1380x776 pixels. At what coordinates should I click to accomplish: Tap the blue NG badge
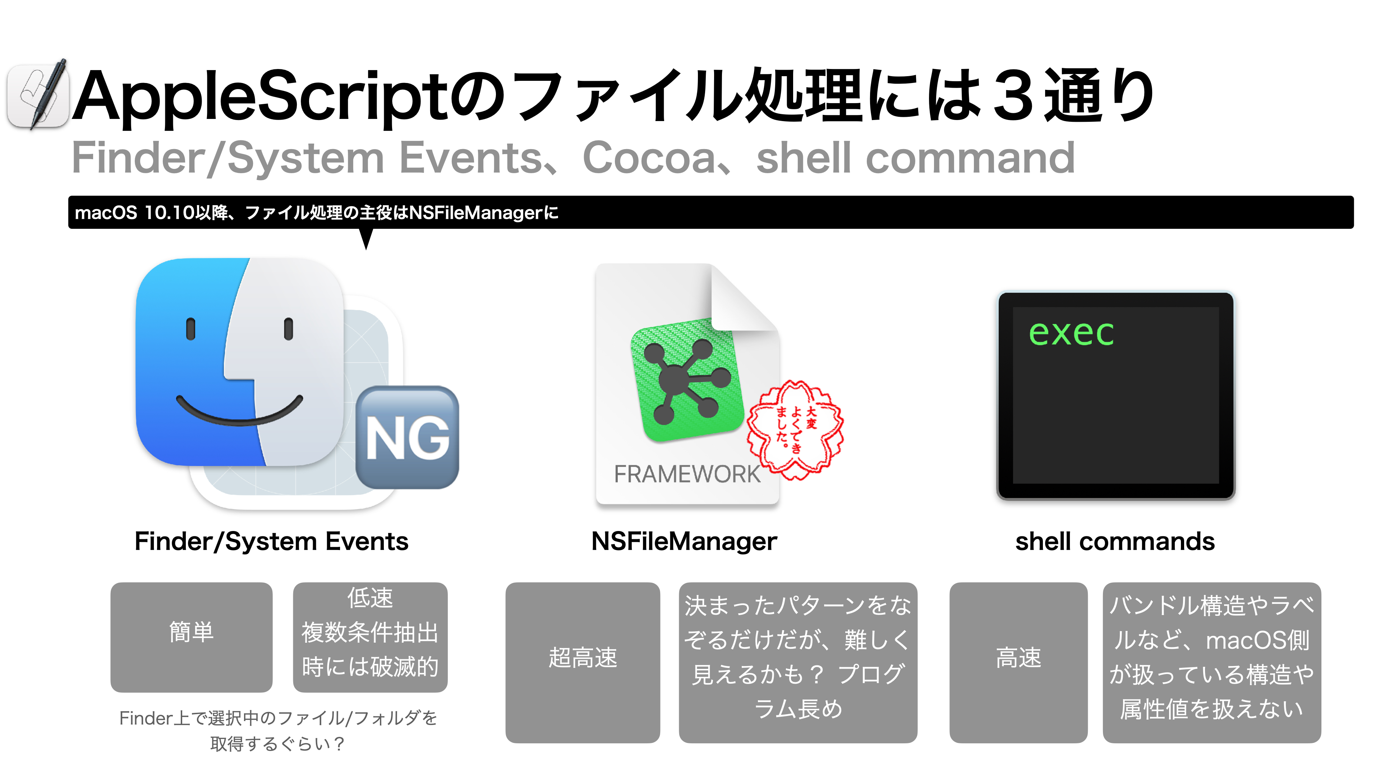click(407, 438)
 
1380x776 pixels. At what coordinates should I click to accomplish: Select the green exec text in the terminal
click(1071, 333)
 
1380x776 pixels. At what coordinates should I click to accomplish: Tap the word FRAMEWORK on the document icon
click(687, 474)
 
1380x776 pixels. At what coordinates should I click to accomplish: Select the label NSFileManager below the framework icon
click(684, 541)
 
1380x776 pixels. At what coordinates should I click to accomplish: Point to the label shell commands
click(1115, 541)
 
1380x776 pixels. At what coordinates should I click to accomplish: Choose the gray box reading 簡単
click(191, 637)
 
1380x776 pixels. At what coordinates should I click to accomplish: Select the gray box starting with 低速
click(370, 637)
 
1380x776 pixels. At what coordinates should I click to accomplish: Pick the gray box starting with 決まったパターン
click(798, 662)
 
